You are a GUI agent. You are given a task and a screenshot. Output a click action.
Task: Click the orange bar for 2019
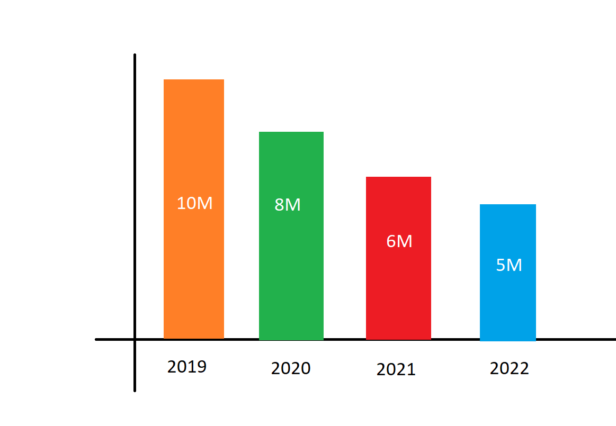pos(194,209)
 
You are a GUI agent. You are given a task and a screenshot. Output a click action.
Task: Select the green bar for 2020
pos(291,236)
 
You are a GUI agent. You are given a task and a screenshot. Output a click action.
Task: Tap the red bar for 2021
pos(398,258)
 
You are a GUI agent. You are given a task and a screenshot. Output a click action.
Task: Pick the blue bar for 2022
pos(507,273)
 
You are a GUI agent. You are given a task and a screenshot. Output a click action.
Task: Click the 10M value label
pos(194,203)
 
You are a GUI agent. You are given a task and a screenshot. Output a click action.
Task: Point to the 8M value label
pos(288,205)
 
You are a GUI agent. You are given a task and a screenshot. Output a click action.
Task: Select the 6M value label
pos(399,241)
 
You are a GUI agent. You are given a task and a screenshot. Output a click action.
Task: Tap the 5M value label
pos(509,265)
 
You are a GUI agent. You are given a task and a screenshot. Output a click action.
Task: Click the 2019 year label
pos(186,367)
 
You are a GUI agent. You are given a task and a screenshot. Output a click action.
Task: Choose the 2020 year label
pos(291,368)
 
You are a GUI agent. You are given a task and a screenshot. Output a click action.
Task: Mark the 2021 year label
pos(396,369)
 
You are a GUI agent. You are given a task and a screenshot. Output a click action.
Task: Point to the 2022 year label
pos(509,368)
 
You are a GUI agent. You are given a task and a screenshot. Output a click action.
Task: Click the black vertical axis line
pos(135,223)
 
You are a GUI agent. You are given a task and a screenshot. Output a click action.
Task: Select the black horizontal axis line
pos(355,339)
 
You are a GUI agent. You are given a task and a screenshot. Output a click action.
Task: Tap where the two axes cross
pos(135,339)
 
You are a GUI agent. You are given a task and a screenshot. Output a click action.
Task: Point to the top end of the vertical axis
pos(135,55)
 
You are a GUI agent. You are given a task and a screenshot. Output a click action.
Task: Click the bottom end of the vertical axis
pos(135,391)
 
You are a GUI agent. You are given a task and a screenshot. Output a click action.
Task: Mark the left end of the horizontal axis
pos(96,339)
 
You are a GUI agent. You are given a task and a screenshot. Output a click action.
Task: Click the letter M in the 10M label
pos(204,203)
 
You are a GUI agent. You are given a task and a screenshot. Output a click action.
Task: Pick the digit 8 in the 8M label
pos(279,205)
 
